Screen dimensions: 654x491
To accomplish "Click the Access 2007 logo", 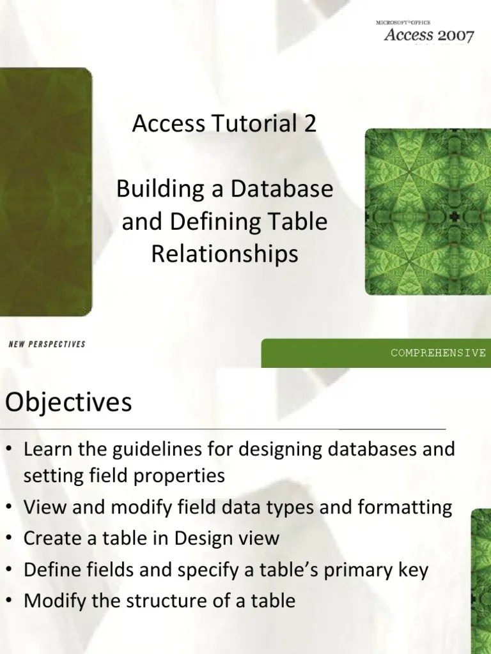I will point(428,33).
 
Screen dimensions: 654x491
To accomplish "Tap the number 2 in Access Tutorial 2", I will point(310,124).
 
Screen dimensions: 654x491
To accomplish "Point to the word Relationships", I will point(224,254).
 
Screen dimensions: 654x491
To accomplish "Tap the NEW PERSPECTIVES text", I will point(47,344).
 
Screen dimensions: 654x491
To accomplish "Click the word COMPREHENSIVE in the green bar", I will point(439,353).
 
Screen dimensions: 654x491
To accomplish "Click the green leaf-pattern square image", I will point(427,212).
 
